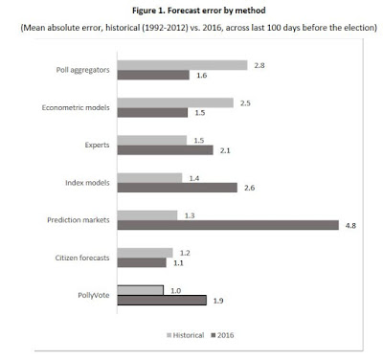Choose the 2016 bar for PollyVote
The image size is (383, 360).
pyautogui.click(x=182, y=300)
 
